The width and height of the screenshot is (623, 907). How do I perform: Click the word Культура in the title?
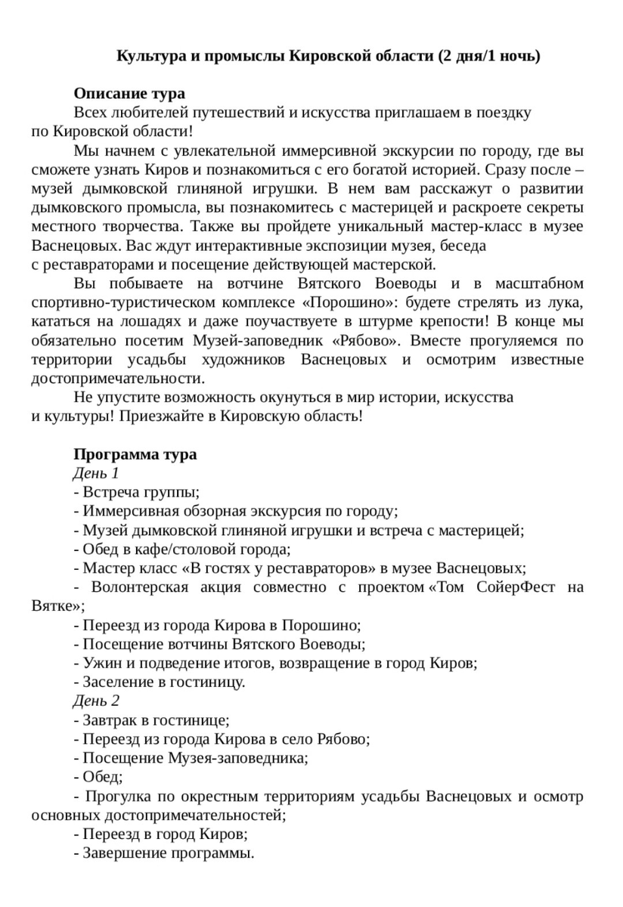[148, 57]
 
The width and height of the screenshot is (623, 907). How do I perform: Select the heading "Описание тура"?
[129, 94]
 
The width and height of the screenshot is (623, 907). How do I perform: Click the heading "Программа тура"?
[135, 454]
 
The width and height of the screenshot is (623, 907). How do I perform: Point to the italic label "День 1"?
[96, 473]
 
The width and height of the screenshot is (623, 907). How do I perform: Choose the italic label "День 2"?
[96, 700]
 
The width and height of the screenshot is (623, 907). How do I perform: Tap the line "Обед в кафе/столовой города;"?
[182, 549]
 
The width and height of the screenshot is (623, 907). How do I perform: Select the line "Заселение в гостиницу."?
[160, 682]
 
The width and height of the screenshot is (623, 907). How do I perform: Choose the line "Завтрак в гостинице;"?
[151, 720]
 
